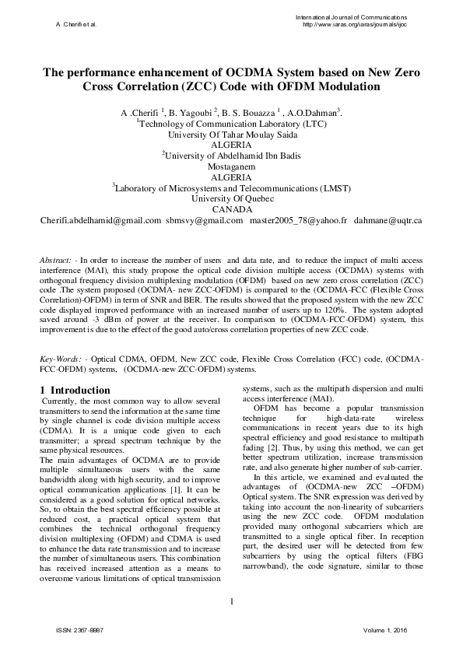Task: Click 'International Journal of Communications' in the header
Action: point(351,17)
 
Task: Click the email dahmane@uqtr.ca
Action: point(388,221)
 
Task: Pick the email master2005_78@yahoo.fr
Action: point(298,221)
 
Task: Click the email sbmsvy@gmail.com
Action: point(204,221)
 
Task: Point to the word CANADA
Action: point(231,209)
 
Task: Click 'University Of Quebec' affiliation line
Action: point(232,198)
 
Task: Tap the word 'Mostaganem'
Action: point(231,166)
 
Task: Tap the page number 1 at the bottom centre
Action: point(232,601)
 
